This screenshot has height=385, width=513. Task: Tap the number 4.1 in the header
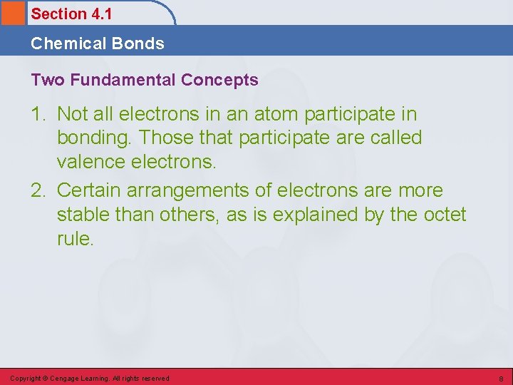click(101, 14)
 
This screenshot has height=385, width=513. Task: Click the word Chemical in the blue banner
click(63, 43)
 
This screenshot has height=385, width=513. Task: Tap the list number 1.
click(40, 114)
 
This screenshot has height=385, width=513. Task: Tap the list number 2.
click(40, 191)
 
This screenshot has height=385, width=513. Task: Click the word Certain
click(89, 191)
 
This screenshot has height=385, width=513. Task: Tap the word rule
click(74, 239)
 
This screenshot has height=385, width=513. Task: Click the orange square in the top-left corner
click(12, 13)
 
